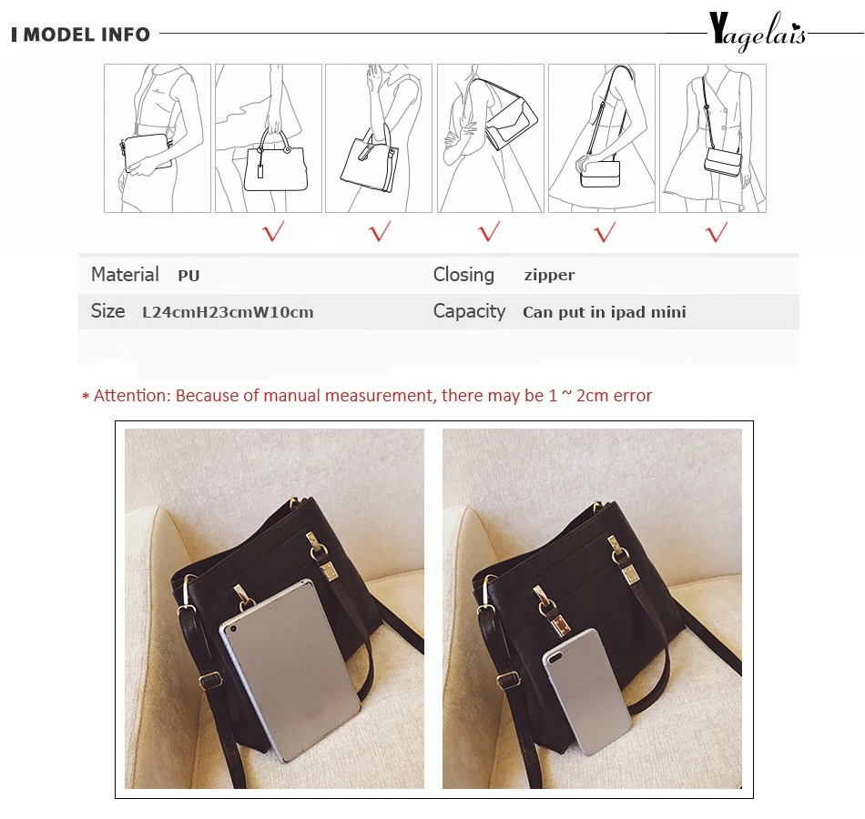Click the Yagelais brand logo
(x=758, y=32)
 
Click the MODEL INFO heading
(x=86, y=35)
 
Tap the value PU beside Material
(x=188, y=275)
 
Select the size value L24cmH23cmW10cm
(x=228, y=312)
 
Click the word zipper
(x=549, y=275)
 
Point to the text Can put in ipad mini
(x=605, y=312)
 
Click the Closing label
(x=463, y=275)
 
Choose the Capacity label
(x=470, y=311)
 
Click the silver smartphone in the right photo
(x=587, y=692)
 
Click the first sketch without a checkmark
(x=158, y=138)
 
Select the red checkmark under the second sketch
(x=274, y=231)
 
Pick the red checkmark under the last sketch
(x=717, y=232)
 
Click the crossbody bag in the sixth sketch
(x=723, y=162)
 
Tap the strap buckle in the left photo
(x=209, y=680)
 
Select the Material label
(x=125, y=275)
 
